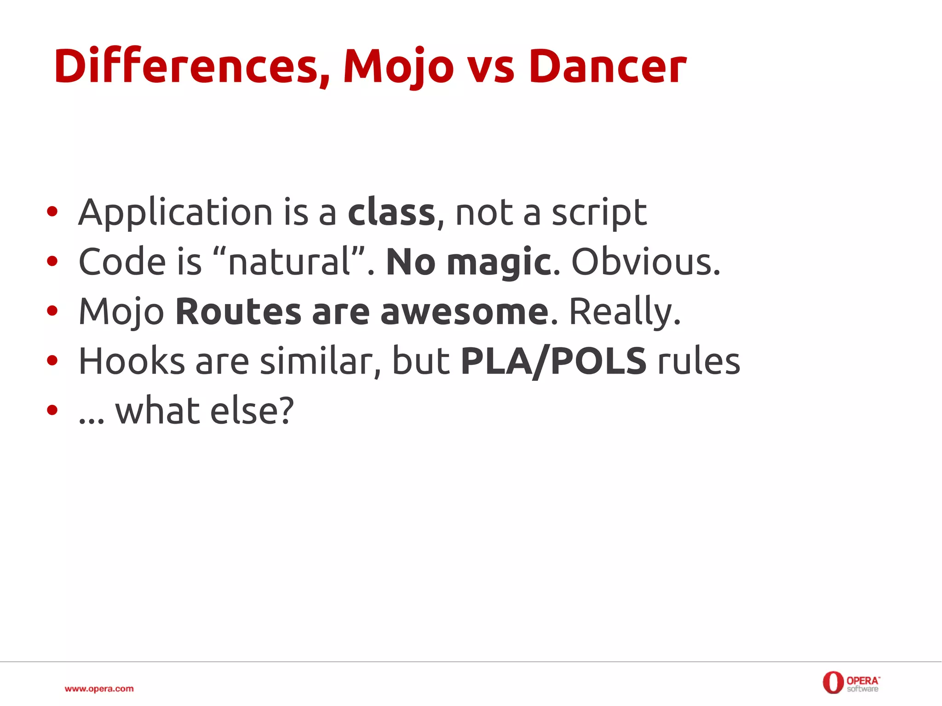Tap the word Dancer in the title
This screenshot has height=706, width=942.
[607, 67]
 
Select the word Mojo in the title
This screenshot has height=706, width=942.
[398, 67]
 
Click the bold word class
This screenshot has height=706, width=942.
[391, 212]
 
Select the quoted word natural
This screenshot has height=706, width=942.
[289, 262]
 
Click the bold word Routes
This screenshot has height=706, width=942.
[238, 311]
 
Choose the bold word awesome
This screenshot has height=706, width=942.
[464, 311]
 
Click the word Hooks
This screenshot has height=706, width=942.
[132, 361]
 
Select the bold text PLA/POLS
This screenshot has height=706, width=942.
[554, 362]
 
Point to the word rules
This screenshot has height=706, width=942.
[699, 361]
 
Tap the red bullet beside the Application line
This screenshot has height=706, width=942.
[52, 212]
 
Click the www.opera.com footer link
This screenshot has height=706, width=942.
[99, 689]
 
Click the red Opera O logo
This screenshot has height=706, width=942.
[833, 683]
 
